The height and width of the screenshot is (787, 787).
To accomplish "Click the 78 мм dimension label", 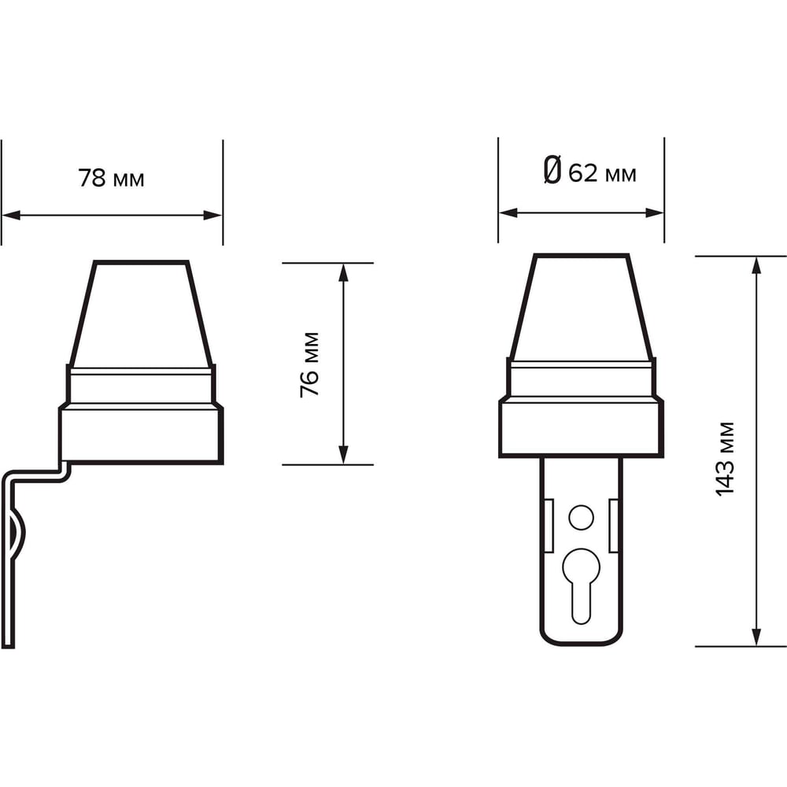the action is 111,178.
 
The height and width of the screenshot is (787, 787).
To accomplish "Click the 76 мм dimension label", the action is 309,365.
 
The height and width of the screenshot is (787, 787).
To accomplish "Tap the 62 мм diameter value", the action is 602,174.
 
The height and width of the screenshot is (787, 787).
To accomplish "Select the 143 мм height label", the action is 725,460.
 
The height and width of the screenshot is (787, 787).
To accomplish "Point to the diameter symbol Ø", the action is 552,170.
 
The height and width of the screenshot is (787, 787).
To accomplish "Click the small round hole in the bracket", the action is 582,517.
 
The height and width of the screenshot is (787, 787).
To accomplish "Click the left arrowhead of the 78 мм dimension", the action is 11,216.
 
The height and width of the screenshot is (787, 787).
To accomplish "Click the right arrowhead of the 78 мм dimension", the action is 212,216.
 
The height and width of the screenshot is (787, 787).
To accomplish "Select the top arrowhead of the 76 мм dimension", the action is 343,272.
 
